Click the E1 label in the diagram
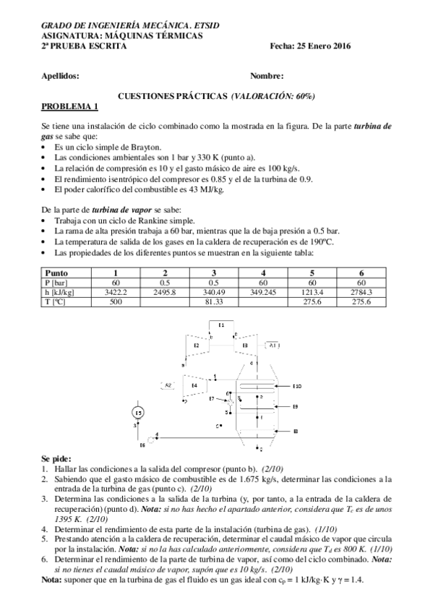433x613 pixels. (x=221, y=325)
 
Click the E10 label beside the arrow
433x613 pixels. (x=297, y=387)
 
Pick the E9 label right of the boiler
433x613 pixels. (x=296, y=407)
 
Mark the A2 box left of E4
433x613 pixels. (x=168, y=385)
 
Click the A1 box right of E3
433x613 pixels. (x=273, y=346)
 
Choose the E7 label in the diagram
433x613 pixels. (x=212, y=398)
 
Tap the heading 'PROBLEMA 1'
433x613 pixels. (x=69, y=106)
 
